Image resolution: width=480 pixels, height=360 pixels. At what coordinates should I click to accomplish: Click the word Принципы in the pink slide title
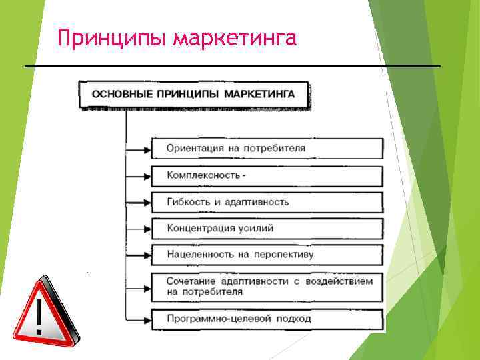[x=110, y=38]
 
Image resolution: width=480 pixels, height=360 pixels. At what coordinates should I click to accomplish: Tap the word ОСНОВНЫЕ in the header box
[x=120, y=94]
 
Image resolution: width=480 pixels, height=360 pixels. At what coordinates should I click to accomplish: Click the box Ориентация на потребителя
[x=267, y=148]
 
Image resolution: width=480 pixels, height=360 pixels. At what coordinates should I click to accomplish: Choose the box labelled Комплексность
[x=267, y=176]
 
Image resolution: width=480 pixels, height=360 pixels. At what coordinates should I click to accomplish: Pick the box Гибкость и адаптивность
[x=267, y=201]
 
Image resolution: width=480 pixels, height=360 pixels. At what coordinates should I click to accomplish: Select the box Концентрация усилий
[x=267, y=228]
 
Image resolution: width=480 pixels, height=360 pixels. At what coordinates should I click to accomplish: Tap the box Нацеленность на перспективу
[x=267, y=254]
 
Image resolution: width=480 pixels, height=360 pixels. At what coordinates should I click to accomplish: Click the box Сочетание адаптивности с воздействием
[x=267, y=286]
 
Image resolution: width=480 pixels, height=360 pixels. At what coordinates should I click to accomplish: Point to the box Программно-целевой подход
[x=267, y=318]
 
